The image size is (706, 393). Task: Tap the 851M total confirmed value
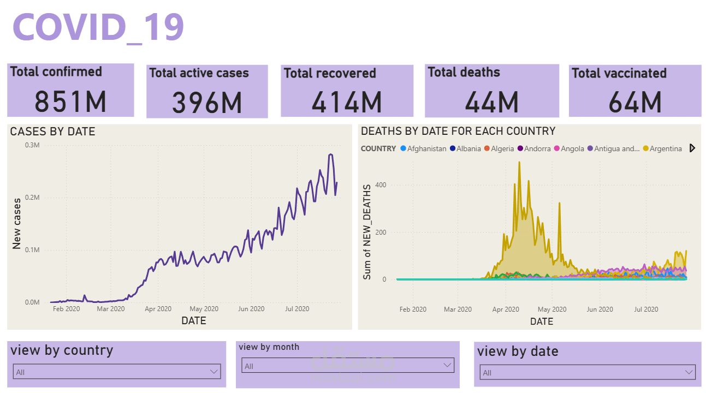pyautogui.click(x=70, y=101)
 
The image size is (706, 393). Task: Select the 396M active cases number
pyautogui.click(x=207, y=103)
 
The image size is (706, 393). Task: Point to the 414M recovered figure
pyautogui.click(x=347, y=102)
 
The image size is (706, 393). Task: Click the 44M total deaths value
pyautogui.click(x=491, y=102)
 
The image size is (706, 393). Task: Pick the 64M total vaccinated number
pyautogui.click(x=635, y=102)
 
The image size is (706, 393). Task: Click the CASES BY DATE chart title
pyautogui.click(x=53, y=132)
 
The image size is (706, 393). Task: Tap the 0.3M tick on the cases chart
pyautogui.click(x=32, y=145)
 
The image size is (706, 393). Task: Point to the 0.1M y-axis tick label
pyautogui.click(x=32, y=250)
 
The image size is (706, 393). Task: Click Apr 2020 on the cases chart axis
pyautogui.click(x=158, y=309)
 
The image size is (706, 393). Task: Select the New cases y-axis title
pyautogui.click(x=17, y=224)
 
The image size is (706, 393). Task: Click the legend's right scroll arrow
pyautogui.click(x=692, y=148)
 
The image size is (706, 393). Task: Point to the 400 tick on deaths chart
pyautogui.click(x=380, y=185)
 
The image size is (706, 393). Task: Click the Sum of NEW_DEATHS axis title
pyautogui.click(x=367, y=232)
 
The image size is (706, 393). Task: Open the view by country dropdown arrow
pyautogui.click(x=213, y=372)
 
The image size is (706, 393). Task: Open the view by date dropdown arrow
pyautogui.click(x=688, y=372)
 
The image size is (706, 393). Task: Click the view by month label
pyautogui.click(x=269, y=347)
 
